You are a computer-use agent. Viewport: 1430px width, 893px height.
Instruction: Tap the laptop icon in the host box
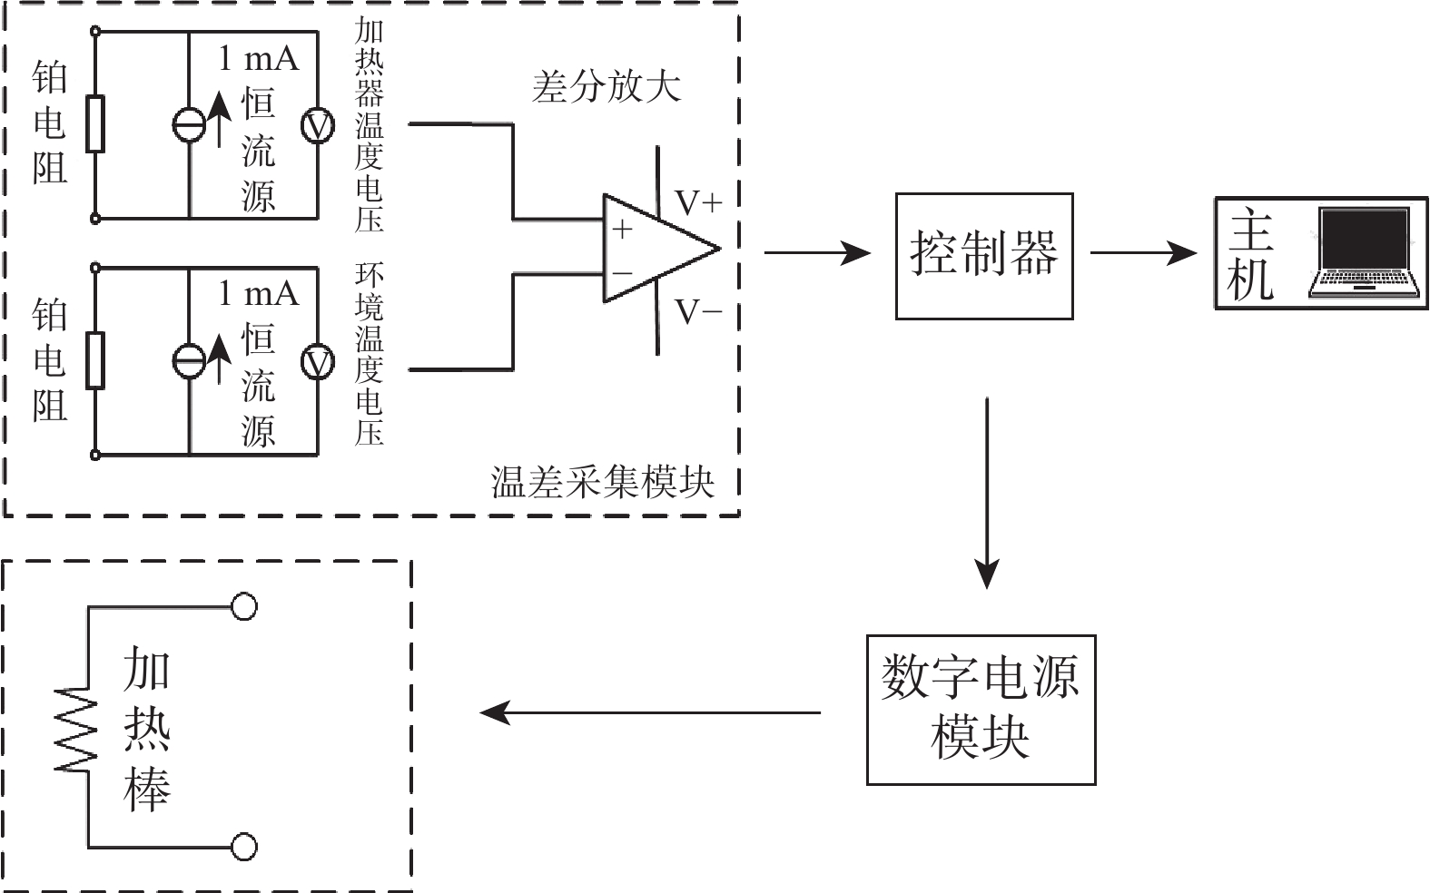coord(1365,253)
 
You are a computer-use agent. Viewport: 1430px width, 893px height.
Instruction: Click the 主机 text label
coord(1251,255)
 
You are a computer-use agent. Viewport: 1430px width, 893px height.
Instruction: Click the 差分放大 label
coord(606,88)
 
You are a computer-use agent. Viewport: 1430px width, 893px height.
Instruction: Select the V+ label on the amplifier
coord(698,201)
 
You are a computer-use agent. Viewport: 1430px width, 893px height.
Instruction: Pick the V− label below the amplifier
coord(698,312)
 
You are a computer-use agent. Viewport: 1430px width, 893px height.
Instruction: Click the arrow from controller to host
coord(1142,253)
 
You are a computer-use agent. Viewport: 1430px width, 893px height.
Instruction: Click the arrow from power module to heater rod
coord(649,712)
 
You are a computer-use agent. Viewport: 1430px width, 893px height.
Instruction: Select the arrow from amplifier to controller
coord(817,253)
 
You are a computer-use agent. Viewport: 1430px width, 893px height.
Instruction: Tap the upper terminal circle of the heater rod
coord(243,606)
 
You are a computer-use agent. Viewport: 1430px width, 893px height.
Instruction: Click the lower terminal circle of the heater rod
coord(243,847)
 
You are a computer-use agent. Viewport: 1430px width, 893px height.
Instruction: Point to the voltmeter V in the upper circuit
coord(318,126)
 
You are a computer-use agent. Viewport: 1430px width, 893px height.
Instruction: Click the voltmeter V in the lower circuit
coord(318,363)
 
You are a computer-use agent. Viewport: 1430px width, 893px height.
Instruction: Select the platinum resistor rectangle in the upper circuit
coord(95,123)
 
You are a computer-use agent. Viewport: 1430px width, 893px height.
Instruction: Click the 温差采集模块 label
coord(603,482)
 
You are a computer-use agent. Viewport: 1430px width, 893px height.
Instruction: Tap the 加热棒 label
coord(147,728)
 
